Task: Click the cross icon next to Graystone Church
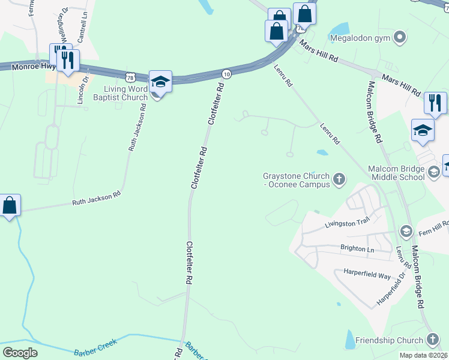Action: pyautogui.click(x=339, y=178)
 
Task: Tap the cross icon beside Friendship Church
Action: pyautogui.click(x=432, y=340)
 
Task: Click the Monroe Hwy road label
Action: pyautogui.click(x=30, y=67)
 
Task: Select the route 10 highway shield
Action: pyautogui.click(x=226, y=73)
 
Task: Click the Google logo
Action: pyautogui.click(x=20, y=352)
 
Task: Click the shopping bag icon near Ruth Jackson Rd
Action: pyautogui.click(x=10, y=206)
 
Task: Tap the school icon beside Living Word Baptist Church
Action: pyautogui.click(x=160, y=82)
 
